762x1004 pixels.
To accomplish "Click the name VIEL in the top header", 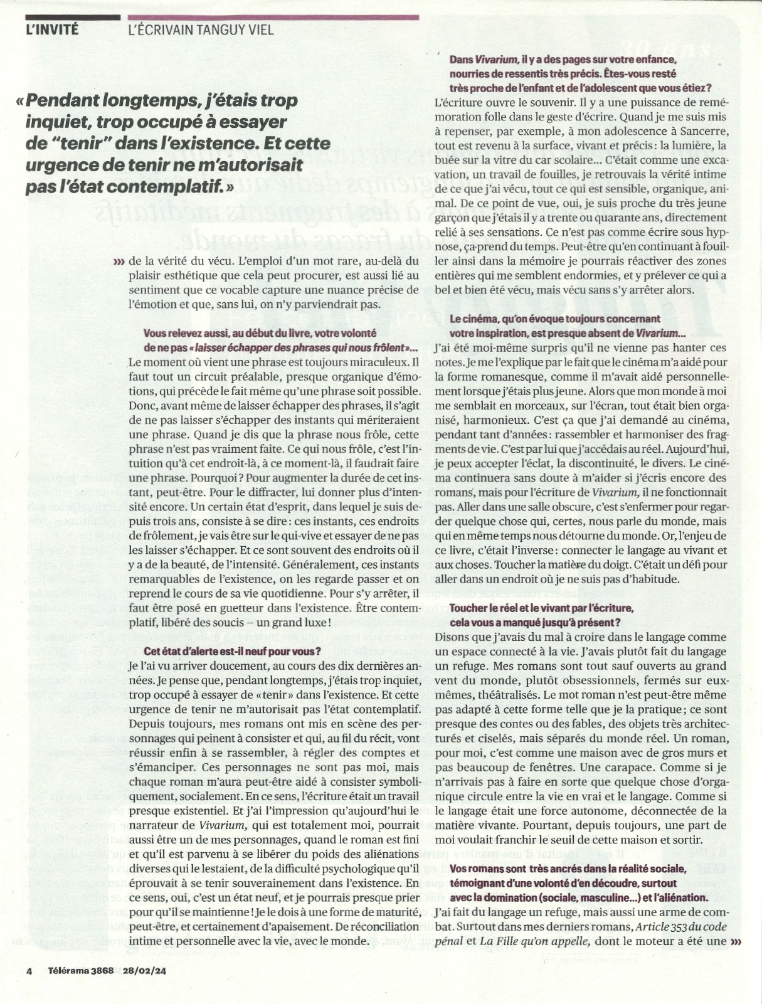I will [260, 29].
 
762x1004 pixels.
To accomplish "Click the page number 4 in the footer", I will [29, 970].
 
